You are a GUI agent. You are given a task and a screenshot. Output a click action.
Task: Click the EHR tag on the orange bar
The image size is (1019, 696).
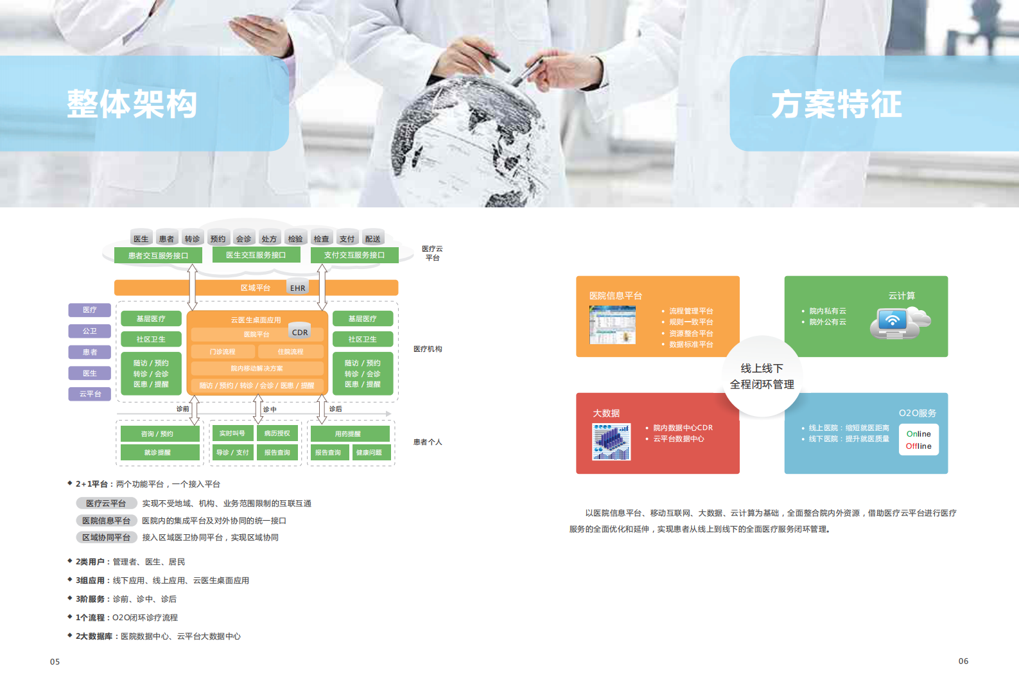(x=298, y=288)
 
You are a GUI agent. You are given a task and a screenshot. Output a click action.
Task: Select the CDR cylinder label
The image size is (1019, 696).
(x=300, y=332)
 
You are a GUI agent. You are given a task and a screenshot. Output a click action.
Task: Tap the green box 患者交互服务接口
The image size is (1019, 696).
(x=158, y=256)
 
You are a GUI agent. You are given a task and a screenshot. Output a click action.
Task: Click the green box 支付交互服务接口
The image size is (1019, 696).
(x=354, y=255)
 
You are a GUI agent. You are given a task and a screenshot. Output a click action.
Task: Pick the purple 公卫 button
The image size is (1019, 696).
(x=90, y=331)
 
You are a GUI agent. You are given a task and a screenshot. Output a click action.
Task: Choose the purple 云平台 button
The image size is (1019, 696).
(x=90, y=394)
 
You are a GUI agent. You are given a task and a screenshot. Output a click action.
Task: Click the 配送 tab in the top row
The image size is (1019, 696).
(x=372, y=239)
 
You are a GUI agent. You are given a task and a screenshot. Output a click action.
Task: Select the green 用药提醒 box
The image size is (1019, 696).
(x=348, y=433)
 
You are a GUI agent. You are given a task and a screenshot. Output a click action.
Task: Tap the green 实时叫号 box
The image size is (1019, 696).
(x=232, y=433)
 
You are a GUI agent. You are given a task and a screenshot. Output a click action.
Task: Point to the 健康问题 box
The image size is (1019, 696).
(x=369, y=453)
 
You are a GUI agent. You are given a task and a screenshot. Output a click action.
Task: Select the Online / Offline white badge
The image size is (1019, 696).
(x=919, y=440)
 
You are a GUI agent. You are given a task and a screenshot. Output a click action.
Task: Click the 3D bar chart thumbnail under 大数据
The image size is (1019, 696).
(x=611, y=442)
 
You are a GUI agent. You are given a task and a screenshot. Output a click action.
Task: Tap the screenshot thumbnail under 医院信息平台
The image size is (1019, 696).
(x=613, y=325)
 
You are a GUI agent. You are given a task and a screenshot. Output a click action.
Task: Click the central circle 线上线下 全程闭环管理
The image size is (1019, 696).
(x=762, y=376)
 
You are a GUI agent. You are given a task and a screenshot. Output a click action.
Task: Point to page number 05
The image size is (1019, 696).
(x=55, y=661)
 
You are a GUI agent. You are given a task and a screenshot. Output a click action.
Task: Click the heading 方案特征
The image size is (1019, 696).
(x=837, y=104)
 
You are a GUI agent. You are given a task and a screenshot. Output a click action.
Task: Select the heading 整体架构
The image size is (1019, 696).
(x=132, y=104)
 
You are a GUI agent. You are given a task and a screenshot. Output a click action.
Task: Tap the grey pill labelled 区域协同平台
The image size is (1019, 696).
(x=106, y=537)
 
